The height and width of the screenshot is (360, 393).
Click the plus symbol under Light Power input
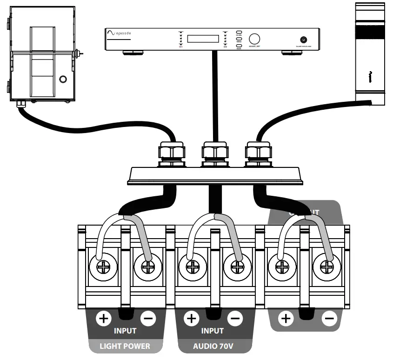(x=103, y=319)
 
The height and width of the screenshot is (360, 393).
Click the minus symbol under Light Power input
(x=147, y=319)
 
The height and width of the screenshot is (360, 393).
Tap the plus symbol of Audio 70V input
(x=191, y=319)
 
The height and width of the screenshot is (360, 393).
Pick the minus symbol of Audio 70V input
(x=235, y=319)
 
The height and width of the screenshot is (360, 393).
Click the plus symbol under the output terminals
(x=286, y=319)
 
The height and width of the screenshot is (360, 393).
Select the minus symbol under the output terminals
(x=330, y=319)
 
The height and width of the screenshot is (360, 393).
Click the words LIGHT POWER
(x=125, y=346)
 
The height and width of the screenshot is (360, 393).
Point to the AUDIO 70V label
(x=213, y=346)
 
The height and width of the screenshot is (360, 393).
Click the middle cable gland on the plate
(x=214, y=152)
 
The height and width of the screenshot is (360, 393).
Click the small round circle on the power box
(x=63, y=79)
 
